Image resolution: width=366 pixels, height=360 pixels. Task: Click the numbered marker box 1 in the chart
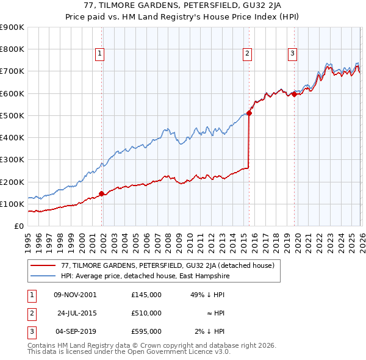[x=100, y=54]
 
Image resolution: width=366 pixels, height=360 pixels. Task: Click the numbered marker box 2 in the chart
[x=248, y=54]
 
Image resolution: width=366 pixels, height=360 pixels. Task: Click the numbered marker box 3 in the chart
[x=292, y=54]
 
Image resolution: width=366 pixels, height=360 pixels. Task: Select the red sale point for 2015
[x=249, y=113]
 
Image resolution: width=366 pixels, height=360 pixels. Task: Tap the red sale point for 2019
[x=294, y=94]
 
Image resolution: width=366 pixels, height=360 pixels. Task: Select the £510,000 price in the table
[x=146, y=313]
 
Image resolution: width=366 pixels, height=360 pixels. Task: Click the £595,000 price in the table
[x=146, y=331]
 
